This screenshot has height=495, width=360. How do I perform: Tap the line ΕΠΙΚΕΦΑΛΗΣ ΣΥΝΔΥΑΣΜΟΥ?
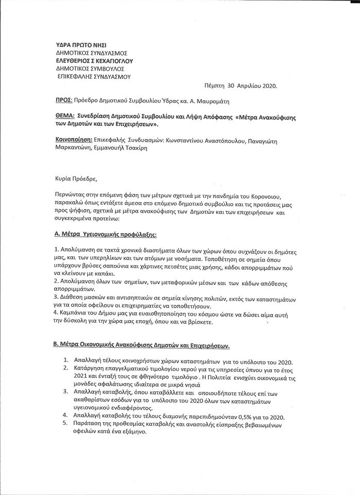pos(94,76)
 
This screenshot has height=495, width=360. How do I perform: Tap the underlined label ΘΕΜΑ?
pos(64,117)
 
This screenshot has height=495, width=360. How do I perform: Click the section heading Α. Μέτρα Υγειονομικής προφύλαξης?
pos(105,234)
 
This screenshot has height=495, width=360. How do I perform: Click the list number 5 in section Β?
pos(66,424)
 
